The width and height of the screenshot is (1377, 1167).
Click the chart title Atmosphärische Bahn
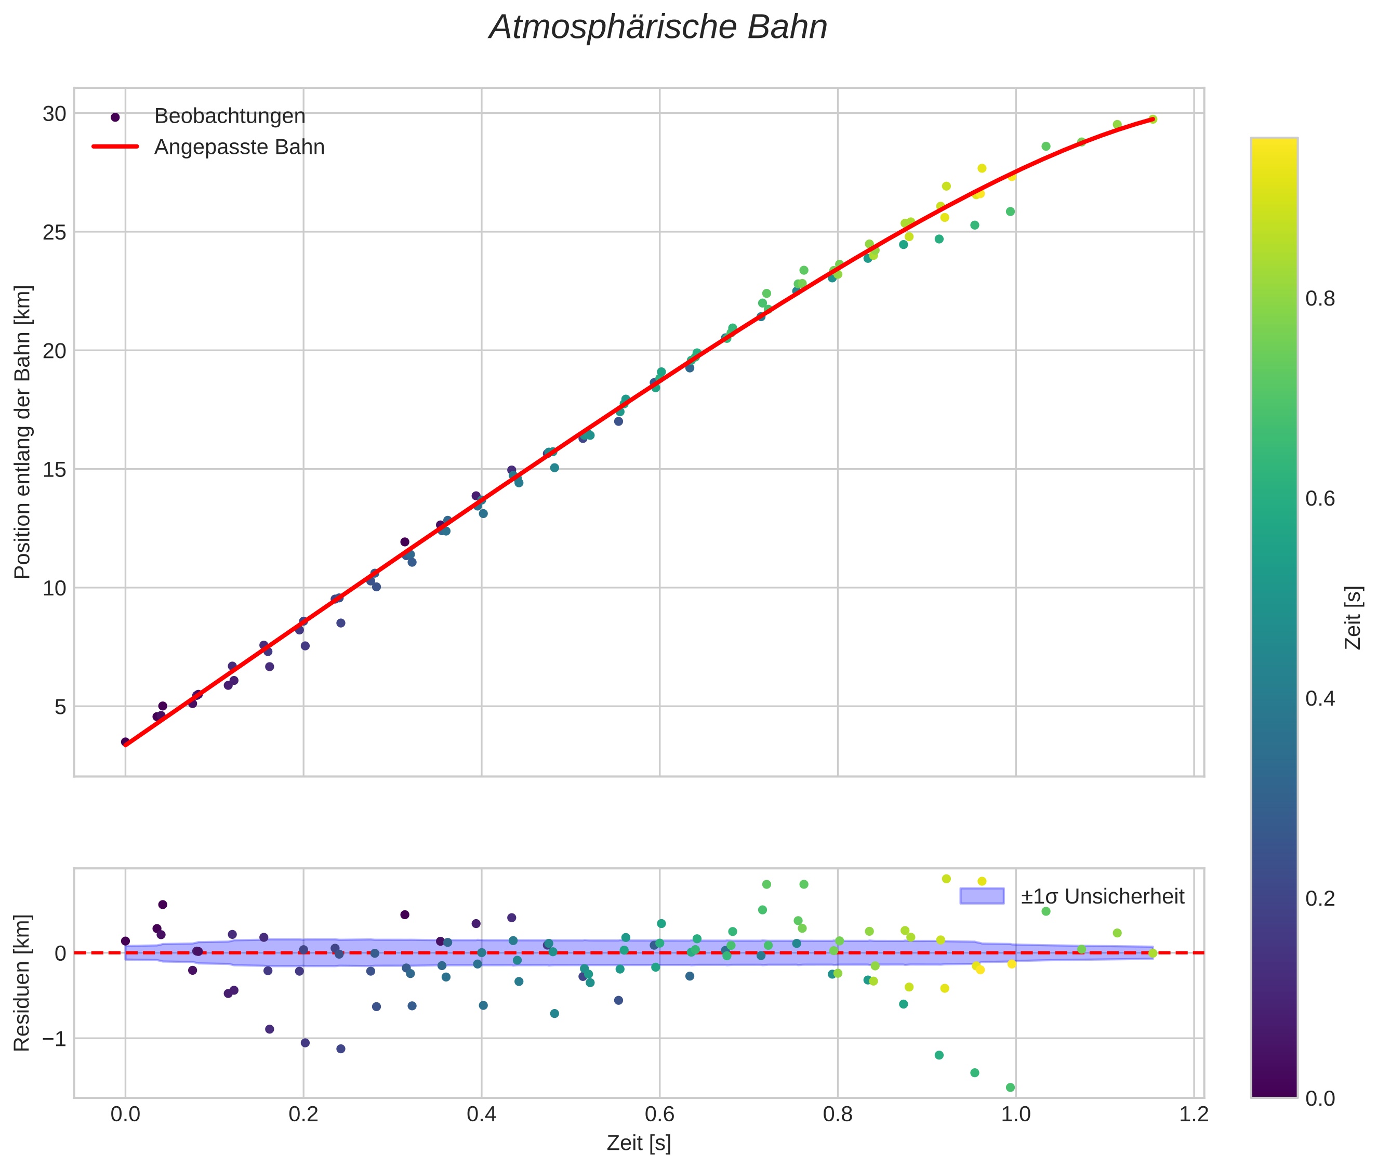tap(658, 28)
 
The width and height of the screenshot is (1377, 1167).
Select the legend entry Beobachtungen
tap(229, 116)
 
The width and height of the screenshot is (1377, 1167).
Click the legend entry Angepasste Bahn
tap(239, 147)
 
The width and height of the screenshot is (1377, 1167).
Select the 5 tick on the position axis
tap(60, 707)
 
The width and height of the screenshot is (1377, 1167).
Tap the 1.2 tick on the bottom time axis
tap(1193, 1115)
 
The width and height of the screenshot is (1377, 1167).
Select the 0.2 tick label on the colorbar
tap(1320, 898)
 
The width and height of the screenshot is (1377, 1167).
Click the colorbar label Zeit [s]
tap(1354, 618)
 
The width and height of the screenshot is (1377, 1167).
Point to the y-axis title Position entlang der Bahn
tap(22, 432)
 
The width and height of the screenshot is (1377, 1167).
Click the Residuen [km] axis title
tap(22, 983)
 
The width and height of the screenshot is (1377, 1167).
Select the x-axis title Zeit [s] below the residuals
tap(639, 1143)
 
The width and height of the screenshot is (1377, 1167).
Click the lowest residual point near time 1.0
tap(1010, 1088)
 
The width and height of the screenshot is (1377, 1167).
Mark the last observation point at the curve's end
tap(1152, 119)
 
